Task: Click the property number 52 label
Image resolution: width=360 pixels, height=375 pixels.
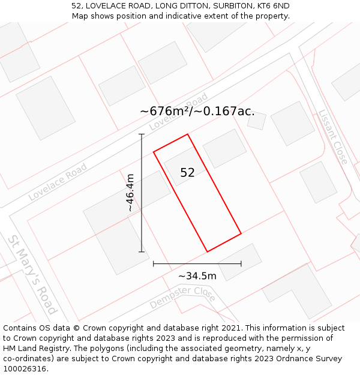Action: tap(187, 173)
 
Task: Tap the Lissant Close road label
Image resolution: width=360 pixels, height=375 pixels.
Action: tap(332, 137)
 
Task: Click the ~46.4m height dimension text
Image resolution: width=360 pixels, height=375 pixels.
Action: tap(130, 193)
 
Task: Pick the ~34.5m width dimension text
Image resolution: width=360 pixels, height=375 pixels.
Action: tap(197, 276)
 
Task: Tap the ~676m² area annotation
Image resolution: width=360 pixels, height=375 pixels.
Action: tap(197, 111)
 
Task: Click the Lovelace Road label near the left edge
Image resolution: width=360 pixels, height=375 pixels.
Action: tap(58, 181)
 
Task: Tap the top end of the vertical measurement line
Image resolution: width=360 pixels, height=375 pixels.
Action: tap(142, 134)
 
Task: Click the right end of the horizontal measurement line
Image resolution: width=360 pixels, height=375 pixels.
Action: tap(241, 263)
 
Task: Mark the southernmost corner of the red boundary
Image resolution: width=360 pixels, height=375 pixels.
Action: tap(207, 251)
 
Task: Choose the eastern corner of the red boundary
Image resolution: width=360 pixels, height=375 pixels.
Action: tap(241, 233)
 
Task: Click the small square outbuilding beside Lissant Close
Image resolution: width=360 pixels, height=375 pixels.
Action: tap(257, 121)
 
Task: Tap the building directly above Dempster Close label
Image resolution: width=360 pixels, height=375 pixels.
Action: tap(239, 262)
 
